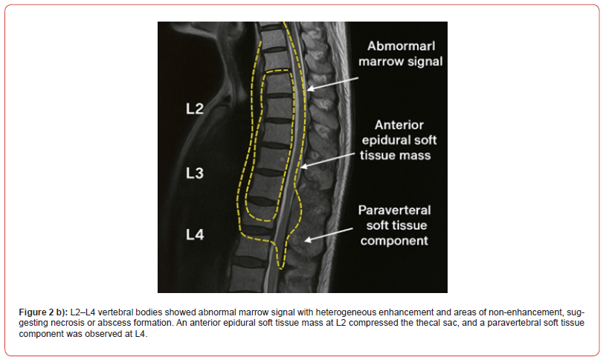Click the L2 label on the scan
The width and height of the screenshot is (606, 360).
pyautogui.click(x=195, y=109)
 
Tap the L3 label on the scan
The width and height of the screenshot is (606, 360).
pyautogui.click(x=195, y=173)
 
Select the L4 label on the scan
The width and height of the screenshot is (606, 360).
pyautogui.click(x=195, y=234)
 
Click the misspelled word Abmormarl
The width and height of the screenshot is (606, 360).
pyautogui.click(x=402, y=46)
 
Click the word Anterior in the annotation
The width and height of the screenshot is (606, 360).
pyautogui.click(x=399, y=125)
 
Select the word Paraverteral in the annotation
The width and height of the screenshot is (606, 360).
pyautogui.click(x=394, y=210)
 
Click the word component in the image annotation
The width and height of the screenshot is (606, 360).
pyautogui.click(x=394, y=241)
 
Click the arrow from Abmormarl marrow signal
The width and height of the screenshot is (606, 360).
pyautogui.click(x=333, y=83)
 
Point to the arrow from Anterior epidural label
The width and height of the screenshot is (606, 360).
pyautogui.click(x=327, y=161)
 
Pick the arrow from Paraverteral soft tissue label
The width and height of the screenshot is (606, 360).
pyautogui.click(x=329, y=235)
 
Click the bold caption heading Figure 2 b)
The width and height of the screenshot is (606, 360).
pyautogui.click(x=43, y=312)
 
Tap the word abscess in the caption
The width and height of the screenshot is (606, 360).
pyautogui.click(x=114, y=323)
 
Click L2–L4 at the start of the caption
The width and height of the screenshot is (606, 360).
pyautogui.click(x=83, y=312)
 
